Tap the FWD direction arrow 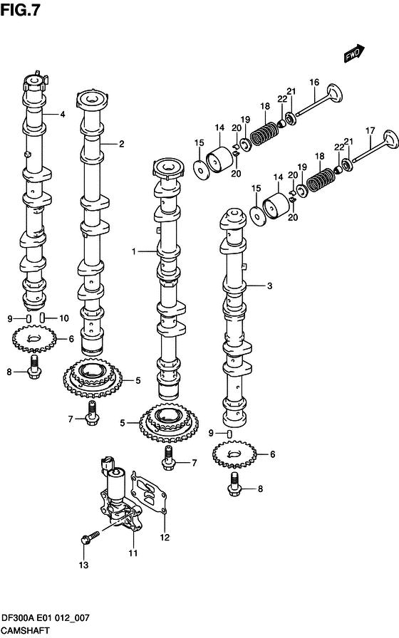pyautogui.click(x=354, y=54)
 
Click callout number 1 pyautogui.click(x=133, y=251)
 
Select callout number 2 pyautogui.click(x=122, y=144)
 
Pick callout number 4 pyautogui.click(x=63, y=114)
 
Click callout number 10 pyautogui.click(x=63, y=318)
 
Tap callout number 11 pyautogui.click(x=133, y=553)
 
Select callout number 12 pyautogui.click(x=165, y=537)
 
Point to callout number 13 pyautogui.click(x=83, y=565)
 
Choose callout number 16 pyautogui.click(x=313, y=83)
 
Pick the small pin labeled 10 pyautogui.click(x=43, y=317)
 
